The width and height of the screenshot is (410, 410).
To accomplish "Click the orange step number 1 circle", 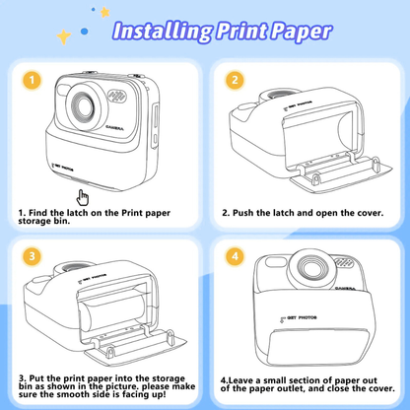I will tap(33, 80).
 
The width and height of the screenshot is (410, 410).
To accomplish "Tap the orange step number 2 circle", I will tap(235, 80).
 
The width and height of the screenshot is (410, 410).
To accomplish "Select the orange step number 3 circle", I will tap(33, 256).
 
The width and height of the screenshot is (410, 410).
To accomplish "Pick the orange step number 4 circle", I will tap(235, 256).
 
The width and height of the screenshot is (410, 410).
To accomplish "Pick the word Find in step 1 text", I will tap(44, 211).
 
